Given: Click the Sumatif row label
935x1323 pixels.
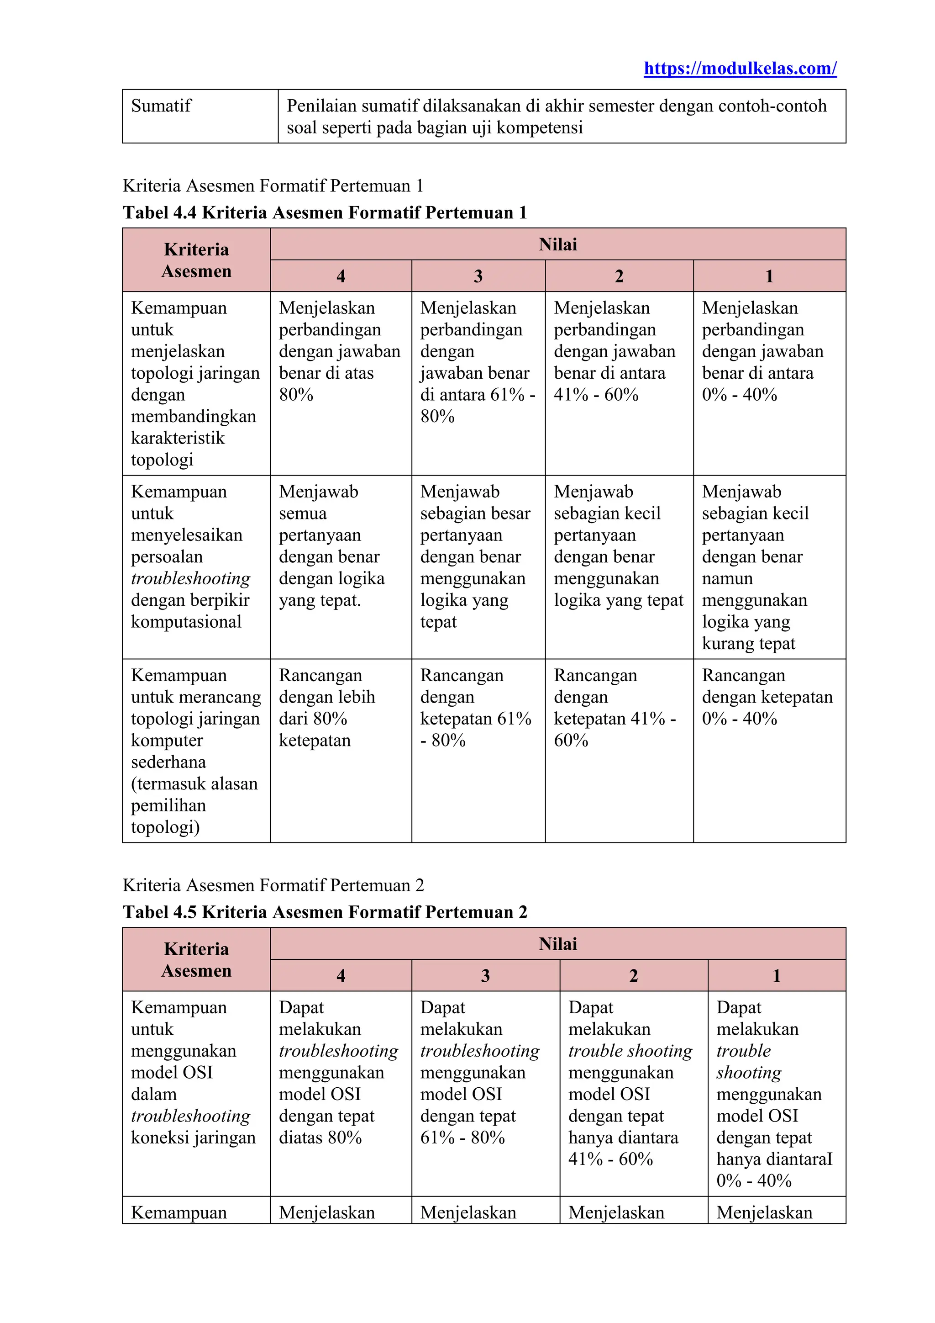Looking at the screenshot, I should [161, 106].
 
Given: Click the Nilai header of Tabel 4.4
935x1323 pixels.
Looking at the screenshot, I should [558, 244].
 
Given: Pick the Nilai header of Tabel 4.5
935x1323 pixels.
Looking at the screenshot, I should [558, 944].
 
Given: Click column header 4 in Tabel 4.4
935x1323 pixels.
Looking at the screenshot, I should [341, 276].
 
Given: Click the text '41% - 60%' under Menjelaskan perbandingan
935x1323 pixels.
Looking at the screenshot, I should [596, 395].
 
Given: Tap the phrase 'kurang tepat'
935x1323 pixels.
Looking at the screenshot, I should [748, 644].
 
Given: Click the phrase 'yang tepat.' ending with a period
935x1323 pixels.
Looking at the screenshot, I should [320, 600].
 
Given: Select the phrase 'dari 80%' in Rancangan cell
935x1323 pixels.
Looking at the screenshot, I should [313, 719].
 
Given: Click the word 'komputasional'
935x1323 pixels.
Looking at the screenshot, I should [186, 622].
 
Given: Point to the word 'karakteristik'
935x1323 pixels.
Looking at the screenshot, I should [178, 438].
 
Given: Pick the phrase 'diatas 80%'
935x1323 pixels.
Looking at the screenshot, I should [320, 1138].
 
